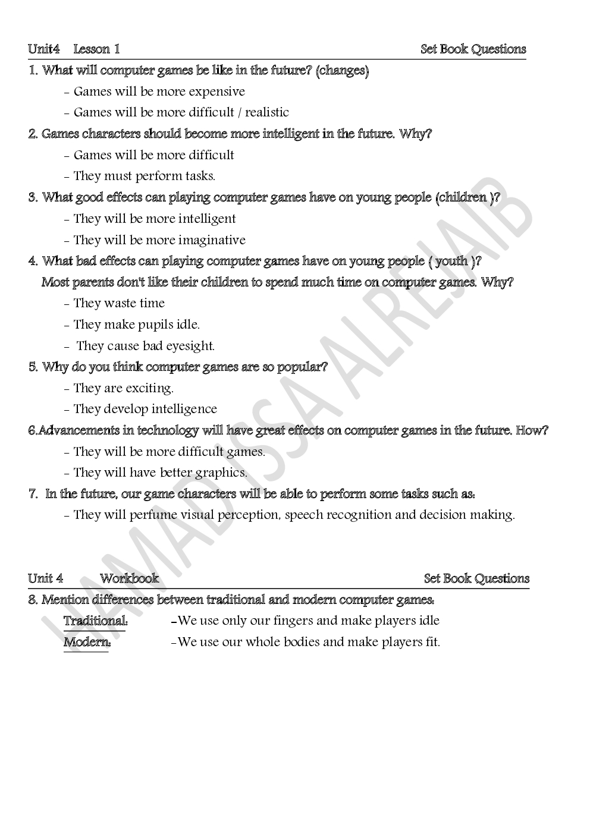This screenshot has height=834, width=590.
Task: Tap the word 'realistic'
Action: click(x=267, y=112)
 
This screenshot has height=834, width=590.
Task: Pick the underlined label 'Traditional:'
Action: click(x=95, y=621)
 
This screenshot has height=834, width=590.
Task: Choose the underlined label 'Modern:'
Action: click(x=87, y=643)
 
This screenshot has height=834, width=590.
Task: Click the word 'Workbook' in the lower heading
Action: click(x=129, y=578)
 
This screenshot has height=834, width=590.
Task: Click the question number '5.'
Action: click(x=33, y=367)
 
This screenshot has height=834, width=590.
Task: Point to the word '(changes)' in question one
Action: click(x=342, y=71)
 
